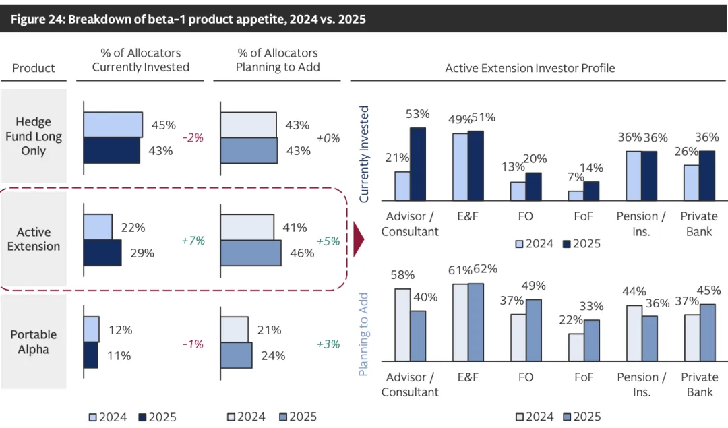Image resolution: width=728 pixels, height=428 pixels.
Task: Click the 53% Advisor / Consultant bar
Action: click(418, 164)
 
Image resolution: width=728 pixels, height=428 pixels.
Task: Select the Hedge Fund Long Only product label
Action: click(34, 136)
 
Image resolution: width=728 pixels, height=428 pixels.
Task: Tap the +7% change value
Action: click(193, 240)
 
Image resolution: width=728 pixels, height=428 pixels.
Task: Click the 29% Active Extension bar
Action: click(102, 253)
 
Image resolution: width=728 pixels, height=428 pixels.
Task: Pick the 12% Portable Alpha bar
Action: click(91, 330)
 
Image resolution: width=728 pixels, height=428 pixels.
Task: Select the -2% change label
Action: click(193, 137)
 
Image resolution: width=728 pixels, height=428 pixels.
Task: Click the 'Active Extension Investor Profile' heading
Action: click(530, 68)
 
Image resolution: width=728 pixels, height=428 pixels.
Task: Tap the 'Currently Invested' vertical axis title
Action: click(365, 154)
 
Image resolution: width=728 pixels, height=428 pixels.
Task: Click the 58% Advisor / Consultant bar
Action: click(402, 325)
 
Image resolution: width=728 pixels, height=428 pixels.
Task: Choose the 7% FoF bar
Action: click(576, 195)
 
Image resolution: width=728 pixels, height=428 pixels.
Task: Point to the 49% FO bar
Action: click(535, 330)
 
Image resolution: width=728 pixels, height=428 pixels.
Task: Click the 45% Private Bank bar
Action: click(707, 332)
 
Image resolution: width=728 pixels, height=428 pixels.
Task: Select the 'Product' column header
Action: click(34, 68)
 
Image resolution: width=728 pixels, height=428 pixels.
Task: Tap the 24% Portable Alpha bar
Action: click(236, 355)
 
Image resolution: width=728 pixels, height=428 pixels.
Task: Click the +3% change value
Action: click(328, 344)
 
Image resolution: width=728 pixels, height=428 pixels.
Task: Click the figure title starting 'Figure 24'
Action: click(188, 19)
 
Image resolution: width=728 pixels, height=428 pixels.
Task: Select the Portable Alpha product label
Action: click(34, 342)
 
